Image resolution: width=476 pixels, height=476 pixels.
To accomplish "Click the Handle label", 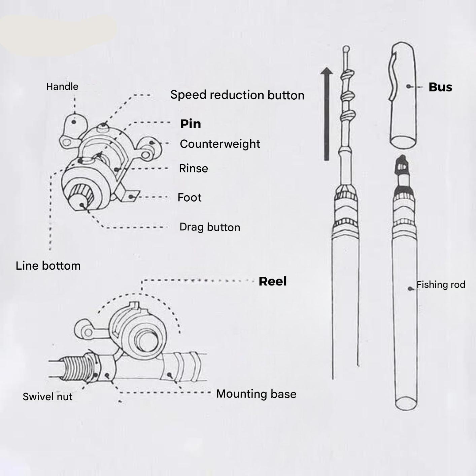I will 62,87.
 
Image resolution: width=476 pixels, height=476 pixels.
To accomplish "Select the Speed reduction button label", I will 237,95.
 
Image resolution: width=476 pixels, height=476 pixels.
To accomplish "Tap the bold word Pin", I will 191,124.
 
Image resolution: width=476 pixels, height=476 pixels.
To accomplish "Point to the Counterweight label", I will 220,144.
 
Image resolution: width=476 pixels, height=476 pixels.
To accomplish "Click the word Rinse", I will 193,168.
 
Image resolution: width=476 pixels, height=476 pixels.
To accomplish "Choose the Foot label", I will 189,197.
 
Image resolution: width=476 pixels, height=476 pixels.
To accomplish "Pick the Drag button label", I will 210,227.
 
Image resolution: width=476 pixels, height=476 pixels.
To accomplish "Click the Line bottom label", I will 48,266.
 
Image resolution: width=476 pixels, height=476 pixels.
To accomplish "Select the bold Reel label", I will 273,281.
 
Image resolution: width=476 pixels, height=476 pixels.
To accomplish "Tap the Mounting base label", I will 256,394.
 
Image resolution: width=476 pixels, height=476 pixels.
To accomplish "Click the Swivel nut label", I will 47,397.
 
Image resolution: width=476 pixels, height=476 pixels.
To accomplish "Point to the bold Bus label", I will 440,87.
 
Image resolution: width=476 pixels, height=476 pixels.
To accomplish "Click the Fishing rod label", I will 441,285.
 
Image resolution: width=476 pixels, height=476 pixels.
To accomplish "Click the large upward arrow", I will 326,114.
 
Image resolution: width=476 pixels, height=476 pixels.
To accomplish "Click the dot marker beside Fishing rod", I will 410,289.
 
